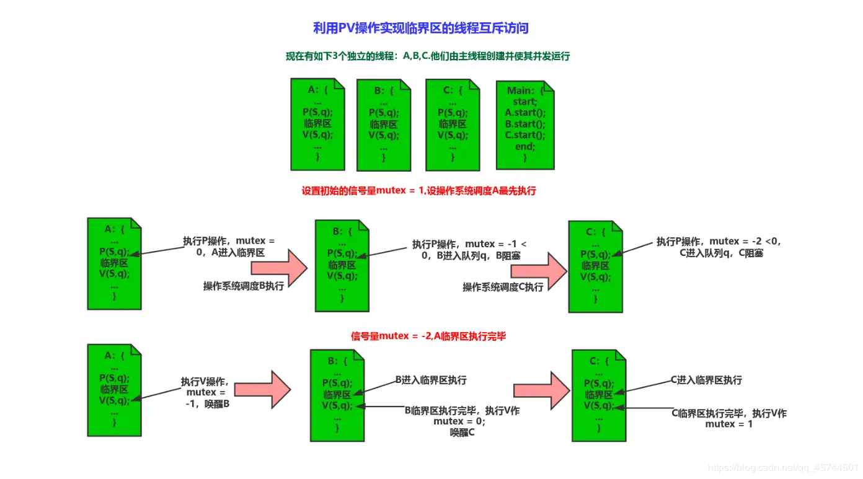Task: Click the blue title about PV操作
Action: pyautogui.click(x=421, y=28)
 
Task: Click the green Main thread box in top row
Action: pyautogui.click(x=525, y=125)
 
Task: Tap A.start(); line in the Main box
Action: pyautogui.click(x=525, y=113)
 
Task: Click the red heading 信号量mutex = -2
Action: pyautogui.click(x=428, y=336)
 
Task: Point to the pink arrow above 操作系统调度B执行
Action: pyautogui.click(x=279, y=267)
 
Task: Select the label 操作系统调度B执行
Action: pyautogui.click(x=244, y=286)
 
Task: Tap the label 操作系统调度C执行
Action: pyautogui.click(x=503, y=287)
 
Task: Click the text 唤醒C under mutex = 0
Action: pyautogui.click(x=462, y=433)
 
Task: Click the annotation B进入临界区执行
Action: pyautogui.click(x=431, y=380)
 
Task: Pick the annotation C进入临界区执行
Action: pyautogui.click(x=706, y=380)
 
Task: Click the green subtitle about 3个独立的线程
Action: pyautogui.click(x=427, y=56)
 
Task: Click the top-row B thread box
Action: pyautogui.click(x=383, y=125)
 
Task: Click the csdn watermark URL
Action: pyautogui.click(x=783, y=468)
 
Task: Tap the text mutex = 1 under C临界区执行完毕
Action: pyautogui.click(x=728, y=424)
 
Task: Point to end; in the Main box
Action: pyautogui.click(x=524, y=147)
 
